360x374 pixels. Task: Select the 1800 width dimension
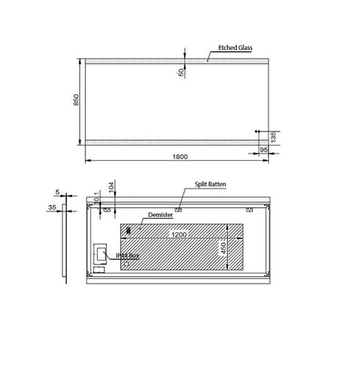pos(176,156)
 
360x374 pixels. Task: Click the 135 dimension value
pos(273,136)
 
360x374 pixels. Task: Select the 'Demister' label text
pos(159,215)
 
